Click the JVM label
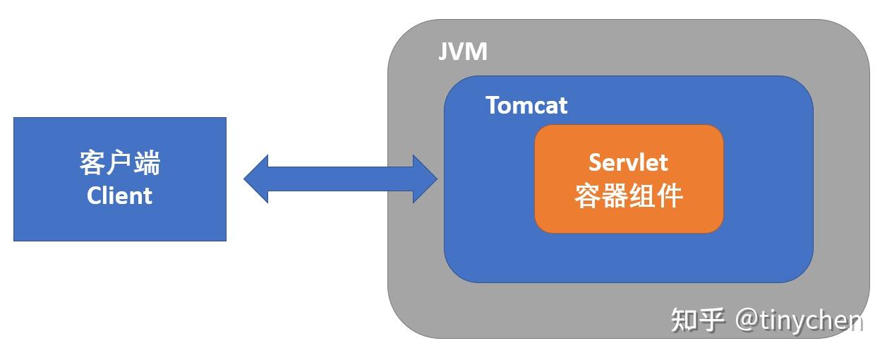pyautogui.click(x=462, y=52)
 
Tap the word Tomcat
pyautogui.click(x=526, y=106)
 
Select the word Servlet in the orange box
pyautogui.click(x=628, y=162)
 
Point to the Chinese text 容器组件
pyautogui.click(x=628, y=196)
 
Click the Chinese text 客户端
pyautogui.click(x=120, y=162)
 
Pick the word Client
pyautogui.click(x=119, y=196)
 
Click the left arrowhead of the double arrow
pyautogui.click(x=255, y=179)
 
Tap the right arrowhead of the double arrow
pyautogui.click(x=426, y=179)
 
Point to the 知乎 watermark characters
pyautogui.click(x=697, y=320)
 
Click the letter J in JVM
pyautogui.click(x=445, y=52)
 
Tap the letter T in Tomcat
pyautogui.click(x=494, y=106)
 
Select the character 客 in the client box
pyautogui.click(x=93, y=162)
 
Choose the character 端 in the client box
pyautogui.click(x=147, y=162)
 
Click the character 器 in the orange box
pyautogui.click(x=614, y=196)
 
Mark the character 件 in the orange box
pyautogui.click(x=670, y=196)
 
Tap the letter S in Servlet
pyautogui.click(x=597, y=162)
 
